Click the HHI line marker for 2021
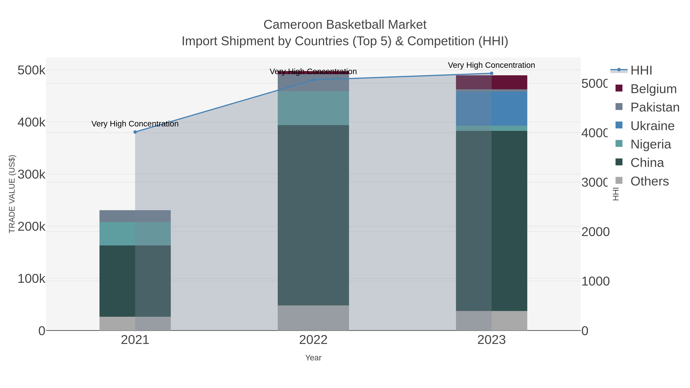point(135,132)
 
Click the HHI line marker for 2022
point(313,80)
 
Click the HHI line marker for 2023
point(491,73)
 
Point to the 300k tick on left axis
point(31,175)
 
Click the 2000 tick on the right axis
point(595,232)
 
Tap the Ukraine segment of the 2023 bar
point(491,108)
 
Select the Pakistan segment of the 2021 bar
point(135,216)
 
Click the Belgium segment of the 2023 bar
point(491,82)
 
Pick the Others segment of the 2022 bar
point(313,318)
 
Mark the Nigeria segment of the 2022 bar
point(313,108)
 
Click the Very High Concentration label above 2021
point(135,124)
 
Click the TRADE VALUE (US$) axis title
point(12,194)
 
